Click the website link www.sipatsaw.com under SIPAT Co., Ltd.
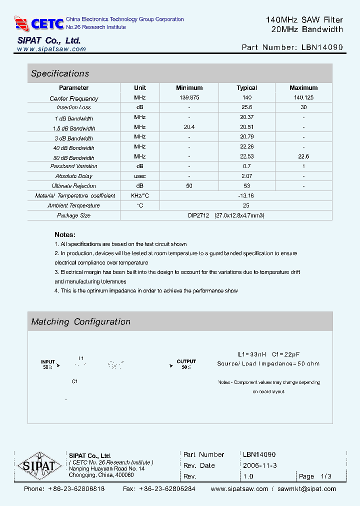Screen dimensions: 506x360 click(x=51, y=49)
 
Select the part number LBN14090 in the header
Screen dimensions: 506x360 click(x=322, y=47)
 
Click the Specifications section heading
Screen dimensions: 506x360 click(x=60, y=73)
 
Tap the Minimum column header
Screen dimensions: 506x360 click(x=189, y=87)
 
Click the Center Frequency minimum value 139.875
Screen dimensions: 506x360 click(x=189, y=98)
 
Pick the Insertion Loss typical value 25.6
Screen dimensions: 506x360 click(x=246, y=107)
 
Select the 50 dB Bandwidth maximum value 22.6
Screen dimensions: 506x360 click(x=303, y=156)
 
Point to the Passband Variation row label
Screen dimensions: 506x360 click(x=73, y=166)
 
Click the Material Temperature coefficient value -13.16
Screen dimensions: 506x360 click(x=246, y=195)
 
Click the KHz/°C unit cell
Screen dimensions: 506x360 click(x=140, y=195)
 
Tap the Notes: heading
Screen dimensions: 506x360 click(x=65, y=234)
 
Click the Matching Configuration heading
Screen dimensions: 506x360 click(x=80, y=322)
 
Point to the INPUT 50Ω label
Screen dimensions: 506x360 click(x=48, y=364)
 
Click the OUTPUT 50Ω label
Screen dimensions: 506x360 click(x=186, y=364)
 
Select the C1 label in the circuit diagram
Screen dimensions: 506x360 click(x=74, y=381)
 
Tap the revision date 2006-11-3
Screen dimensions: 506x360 click(x=259, y=465)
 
